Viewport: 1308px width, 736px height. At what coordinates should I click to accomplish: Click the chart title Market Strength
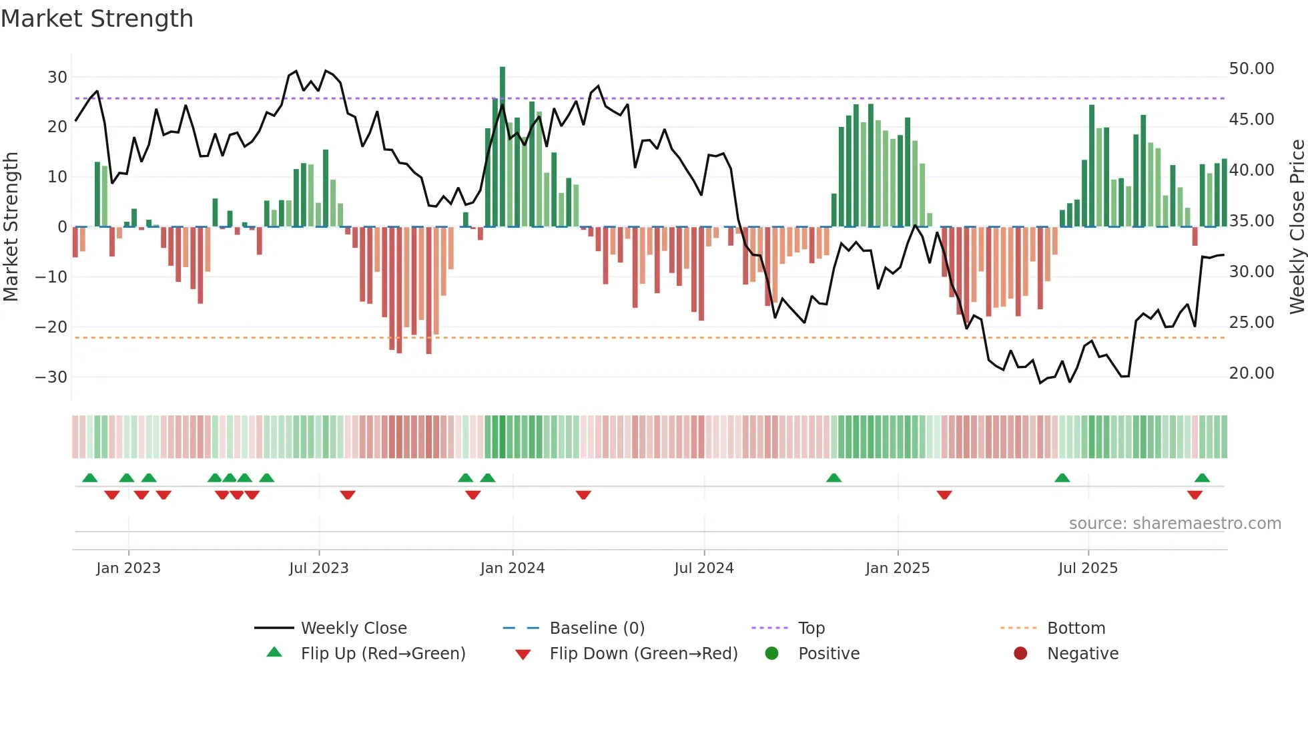click(x=97, y=19)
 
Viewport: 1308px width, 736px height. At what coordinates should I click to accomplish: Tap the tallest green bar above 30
click(x=503, y=147)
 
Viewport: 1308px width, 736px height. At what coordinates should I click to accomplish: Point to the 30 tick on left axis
click(x=57, y=77)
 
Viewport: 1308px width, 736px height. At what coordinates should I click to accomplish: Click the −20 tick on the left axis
click(x=51, y=327)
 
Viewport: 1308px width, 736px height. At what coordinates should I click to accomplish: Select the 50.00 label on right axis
click(x=1251, y=69)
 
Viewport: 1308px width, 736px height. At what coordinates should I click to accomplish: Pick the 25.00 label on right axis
click(x=1251, y=323)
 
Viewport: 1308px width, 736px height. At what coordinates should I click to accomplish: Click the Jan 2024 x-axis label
click(x=512, y=568)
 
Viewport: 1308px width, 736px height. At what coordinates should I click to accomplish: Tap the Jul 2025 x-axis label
click(x=1087, y=568)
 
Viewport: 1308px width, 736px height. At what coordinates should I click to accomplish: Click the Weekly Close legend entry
click(x=353, y=628)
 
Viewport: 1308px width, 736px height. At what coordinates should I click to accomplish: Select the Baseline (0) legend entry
click(x=597, y=628)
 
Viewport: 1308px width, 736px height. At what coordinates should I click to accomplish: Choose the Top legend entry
click(x=811, y=628)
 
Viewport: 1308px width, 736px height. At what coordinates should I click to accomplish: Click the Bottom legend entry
click(x=1076, y=628)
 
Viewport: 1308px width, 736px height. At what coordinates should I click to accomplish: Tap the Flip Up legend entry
click(x=382, y=654)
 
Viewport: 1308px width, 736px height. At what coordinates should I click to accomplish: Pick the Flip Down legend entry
click(x=643, y=654)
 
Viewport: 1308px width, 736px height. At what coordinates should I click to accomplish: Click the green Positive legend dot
click(x=772, y=654)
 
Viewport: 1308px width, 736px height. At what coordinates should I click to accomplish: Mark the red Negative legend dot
click(x=1020, y=654)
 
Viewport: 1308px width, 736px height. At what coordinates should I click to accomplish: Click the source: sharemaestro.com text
click(x=1175, y=524)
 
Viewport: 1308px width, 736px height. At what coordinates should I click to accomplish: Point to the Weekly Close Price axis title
click(x=1297, y=227)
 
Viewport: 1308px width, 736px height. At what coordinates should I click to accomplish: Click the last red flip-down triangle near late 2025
click(x=1195, y=495)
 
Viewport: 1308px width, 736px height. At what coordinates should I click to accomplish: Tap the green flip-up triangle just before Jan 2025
click(x=834, y=478)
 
